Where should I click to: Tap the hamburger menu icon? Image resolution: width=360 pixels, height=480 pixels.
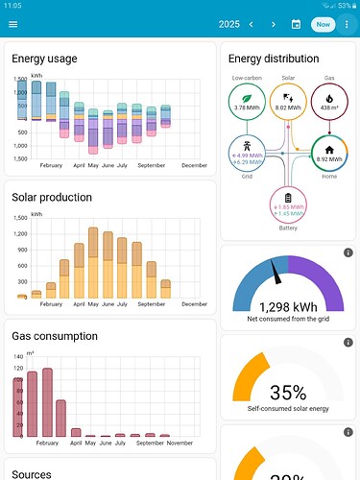pos(12,24)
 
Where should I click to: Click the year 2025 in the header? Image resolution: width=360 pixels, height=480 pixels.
pos(228,24)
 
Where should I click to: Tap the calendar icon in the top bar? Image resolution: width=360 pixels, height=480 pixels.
pos(297,24)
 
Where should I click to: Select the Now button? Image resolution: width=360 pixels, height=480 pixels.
pos(323,24)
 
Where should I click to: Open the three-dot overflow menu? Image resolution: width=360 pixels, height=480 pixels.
pos(348,24)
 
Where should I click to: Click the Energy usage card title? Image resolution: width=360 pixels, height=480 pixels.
pos(45,59)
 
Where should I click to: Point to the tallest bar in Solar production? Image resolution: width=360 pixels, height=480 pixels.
pos(93,263)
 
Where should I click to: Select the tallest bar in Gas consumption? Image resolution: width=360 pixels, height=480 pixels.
pos(47,402)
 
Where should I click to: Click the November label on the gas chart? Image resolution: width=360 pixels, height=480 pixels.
pos(180,443)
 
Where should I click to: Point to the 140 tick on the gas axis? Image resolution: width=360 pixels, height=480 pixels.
pos(17,355)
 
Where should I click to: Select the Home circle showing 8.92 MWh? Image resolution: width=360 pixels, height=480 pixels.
pos(327,155)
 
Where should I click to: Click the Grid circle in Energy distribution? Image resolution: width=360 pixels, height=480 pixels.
pos(248,155)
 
